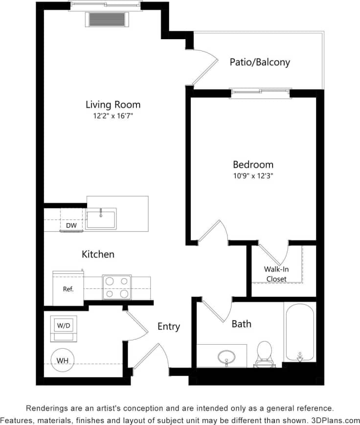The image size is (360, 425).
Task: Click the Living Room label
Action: (x=113, y=104)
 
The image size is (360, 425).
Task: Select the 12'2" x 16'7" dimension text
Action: (x=113, y=116)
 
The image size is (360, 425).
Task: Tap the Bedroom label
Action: (x=253, y=165)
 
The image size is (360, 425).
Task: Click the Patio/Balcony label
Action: (x=260, y=62)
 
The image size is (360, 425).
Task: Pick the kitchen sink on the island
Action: (x=101, y=218)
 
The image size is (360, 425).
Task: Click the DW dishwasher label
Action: (x=71, y=226)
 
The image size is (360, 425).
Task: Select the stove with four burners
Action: (x=116, y=287)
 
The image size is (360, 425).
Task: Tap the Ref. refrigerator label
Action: (x=68, y=289)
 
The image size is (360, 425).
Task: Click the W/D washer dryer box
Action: (x=64, y=325)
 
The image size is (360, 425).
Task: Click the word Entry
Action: (x=169, y=327)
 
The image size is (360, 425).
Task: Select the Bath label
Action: (x=242, y=324)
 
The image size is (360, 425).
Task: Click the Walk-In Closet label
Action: (x=276, y=274)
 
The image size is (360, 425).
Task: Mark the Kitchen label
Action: (x=98, y=254)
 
